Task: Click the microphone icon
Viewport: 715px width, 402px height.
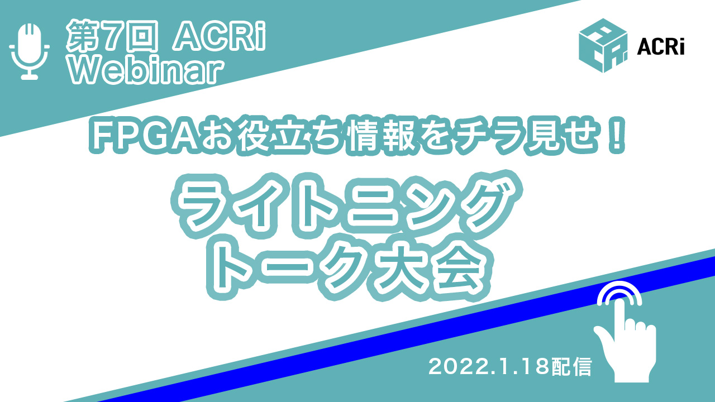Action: [30, 51]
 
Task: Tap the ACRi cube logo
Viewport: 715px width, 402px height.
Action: [603, 46]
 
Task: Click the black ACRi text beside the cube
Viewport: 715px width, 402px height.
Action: [661, 47]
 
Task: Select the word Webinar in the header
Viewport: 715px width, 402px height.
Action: [146, 71]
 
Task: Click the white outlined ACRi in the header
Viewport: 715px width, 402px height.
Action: [220, 36]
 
